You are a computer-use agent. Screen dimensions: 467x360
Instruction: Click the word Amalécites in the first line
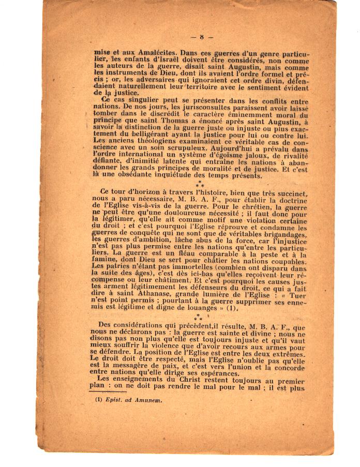point(137,53)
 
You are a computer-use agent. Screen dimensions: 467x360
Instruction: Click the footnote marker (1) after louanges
point(232,309)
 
